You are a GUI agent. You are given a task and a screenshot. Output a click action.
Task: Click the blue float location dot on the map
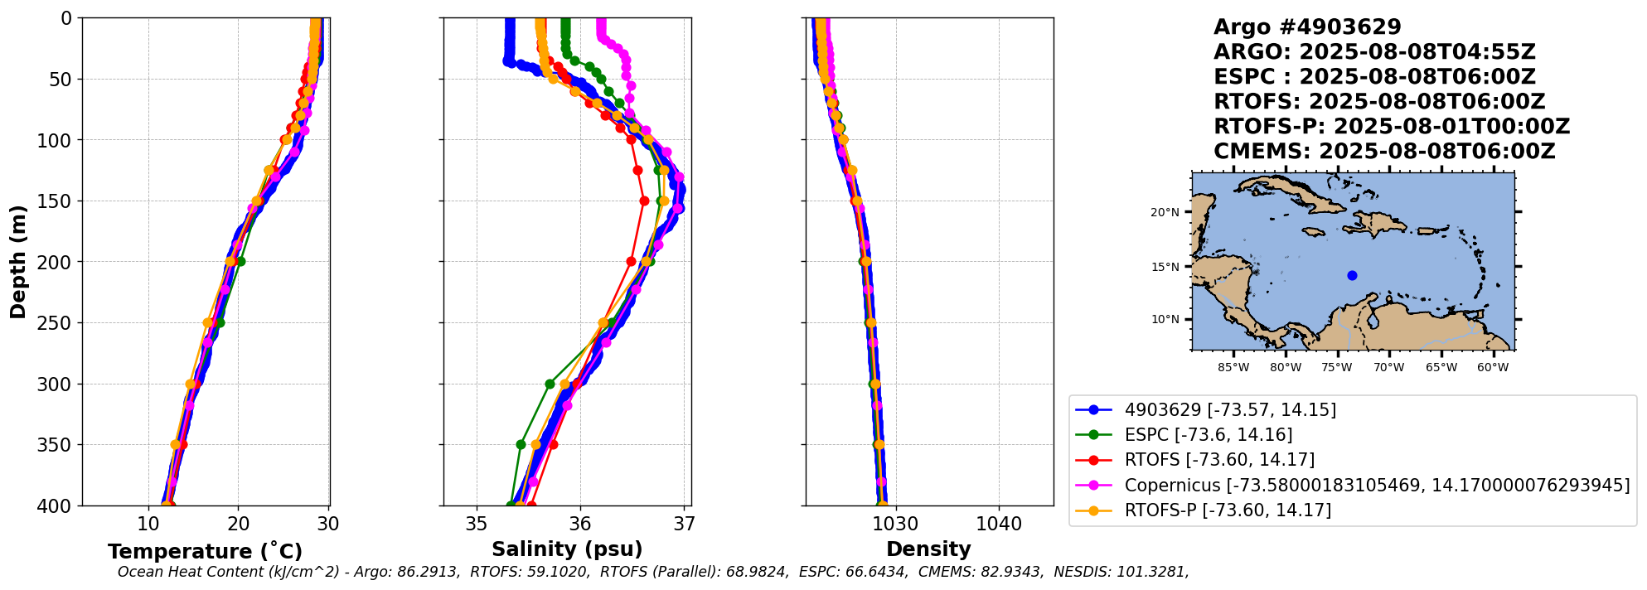pos(1352,275)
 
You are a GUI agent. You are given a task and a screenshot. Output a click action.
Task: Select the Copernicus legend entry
pos(1376,485)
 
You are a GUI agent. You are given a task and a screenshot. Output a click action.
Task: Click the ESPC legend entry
pos(1208,434)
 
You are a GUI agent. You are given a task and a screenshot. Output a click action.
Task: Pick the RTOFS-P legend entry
pos(1227,510)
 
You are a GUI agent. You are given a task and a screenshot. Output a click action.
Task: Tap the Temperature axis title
pos(205,552)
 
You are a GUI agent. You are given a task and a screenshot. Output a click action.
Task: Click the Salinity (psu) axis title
pos(567,549)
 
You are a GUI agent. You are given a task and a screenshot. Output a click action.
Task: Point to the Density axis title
pos(928,549)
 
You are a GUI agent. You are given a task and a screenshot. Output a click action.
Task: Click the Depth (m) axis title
pos(18,262)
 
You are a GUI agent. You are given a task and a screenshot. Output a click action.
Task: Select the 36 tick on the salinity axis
pos(580,524)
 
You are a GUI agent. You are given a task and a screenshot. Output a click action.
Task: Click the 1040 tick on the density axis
pos(999,524)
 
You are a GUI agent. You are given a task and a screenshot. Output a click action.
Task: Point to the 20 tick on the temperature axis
pos(239,524)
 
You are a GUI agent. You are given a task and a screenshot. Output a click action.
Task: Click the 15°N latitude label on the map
pos(1165,267)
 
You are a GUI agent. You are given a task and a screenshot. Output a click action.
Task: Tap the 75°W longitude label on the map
pos(1337,367)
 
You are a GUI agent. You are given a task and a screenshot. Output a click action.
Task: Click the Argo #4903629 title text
pos(1307,27)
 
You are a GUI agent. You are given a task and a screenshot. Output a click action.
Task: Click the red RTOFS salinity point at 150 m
pos(644,201)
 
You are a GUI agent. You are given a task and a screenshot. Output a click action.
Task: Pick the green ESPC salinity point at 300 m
pos(550,384)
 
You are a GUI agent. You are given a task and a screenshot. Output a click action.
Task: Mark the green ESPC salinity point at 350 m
pos(521,444)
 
